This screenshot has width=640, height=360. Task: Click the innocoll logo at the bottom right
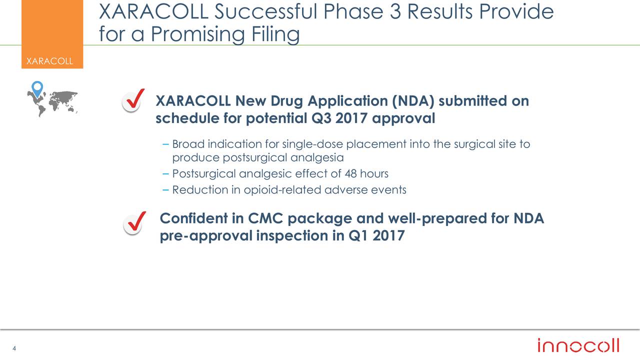click(578, 345)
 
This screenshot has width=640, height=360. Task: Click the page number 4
click(14, 348)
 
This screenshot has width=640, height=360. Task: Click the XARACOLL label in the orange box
click(49, 61)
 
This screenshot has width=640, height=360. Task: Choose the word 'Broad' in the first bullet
click(188, 144)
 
